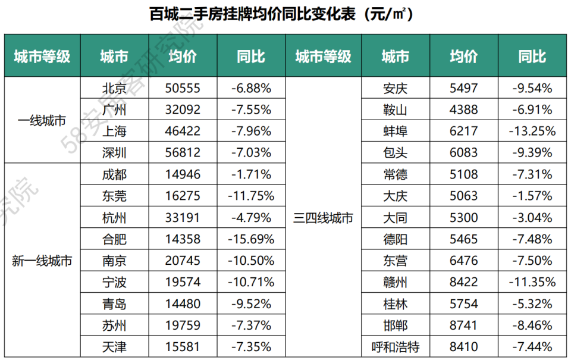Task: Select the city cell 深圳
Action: pos(114,153)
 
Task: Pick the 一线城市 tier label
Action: pos(42,121)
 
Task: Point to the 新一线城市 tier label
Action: pos(42,261)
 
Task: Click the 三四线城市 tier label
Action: pos(324,218)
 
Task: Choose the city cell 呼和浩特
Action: pos(395,346)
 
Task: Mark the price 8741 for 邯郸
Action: pos(463,325)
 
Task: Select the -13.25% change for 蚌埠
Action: pos(532,132)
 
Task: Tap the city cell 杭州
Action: pos(114,218)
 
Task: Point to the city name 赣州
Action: pos(395,282)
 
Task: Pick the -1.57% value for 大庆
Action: pos(532,196)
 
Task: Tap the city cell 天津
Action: pos(114,346)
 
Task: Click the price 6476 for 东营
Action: pos(463,261)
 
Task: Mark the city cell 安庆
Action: pos(395,89)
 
